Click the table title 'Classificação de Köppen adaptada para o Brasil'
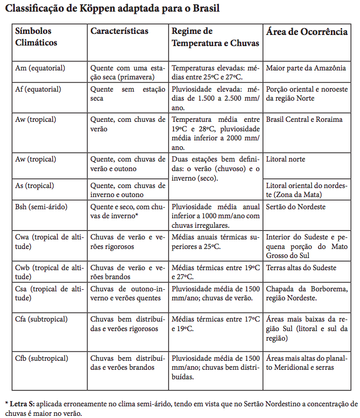112,8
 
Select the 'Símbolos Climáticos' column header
36,37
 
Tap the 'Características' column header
119,32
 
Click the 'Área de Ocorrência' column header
307,32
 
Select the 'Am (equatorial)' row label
40,68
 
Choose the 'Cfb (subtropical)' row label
42,358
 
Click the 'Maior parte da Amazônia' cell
306,68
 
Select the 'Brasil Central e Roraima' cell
304,119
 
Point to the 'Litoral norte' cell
286,159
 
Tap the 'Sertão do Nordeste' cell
296,207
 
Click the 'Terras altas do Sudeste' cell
301,268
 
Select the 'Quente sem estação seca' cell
128,94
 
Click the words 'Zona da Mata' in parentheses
289,194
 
